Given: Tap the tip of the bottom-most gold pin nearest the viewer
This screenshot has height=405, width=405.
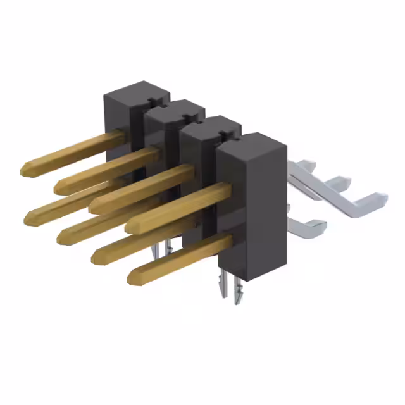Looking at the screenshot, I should click(x=132, y=277).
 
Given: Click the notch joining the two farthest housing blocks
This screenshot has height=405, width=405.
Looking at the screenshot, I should click(x=151, y=101).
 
